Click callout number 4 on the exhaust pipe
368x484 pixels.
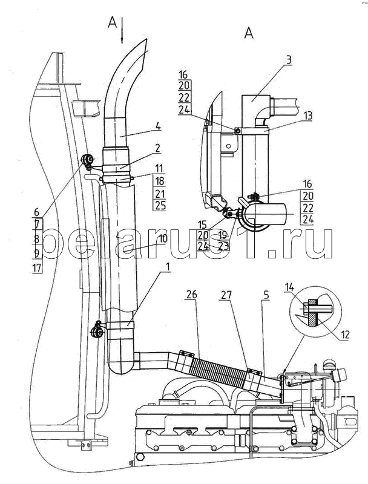pyautogui.click(x=157, y=126)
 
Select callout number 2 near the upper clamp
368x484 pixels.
pyautogui.click(x=157, y=147)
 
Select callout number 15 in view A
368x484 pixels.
pyautogui.click(x=218, y=224)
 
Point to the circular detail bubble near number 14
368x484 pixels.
pyautogui.click(x=315, y=313)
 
